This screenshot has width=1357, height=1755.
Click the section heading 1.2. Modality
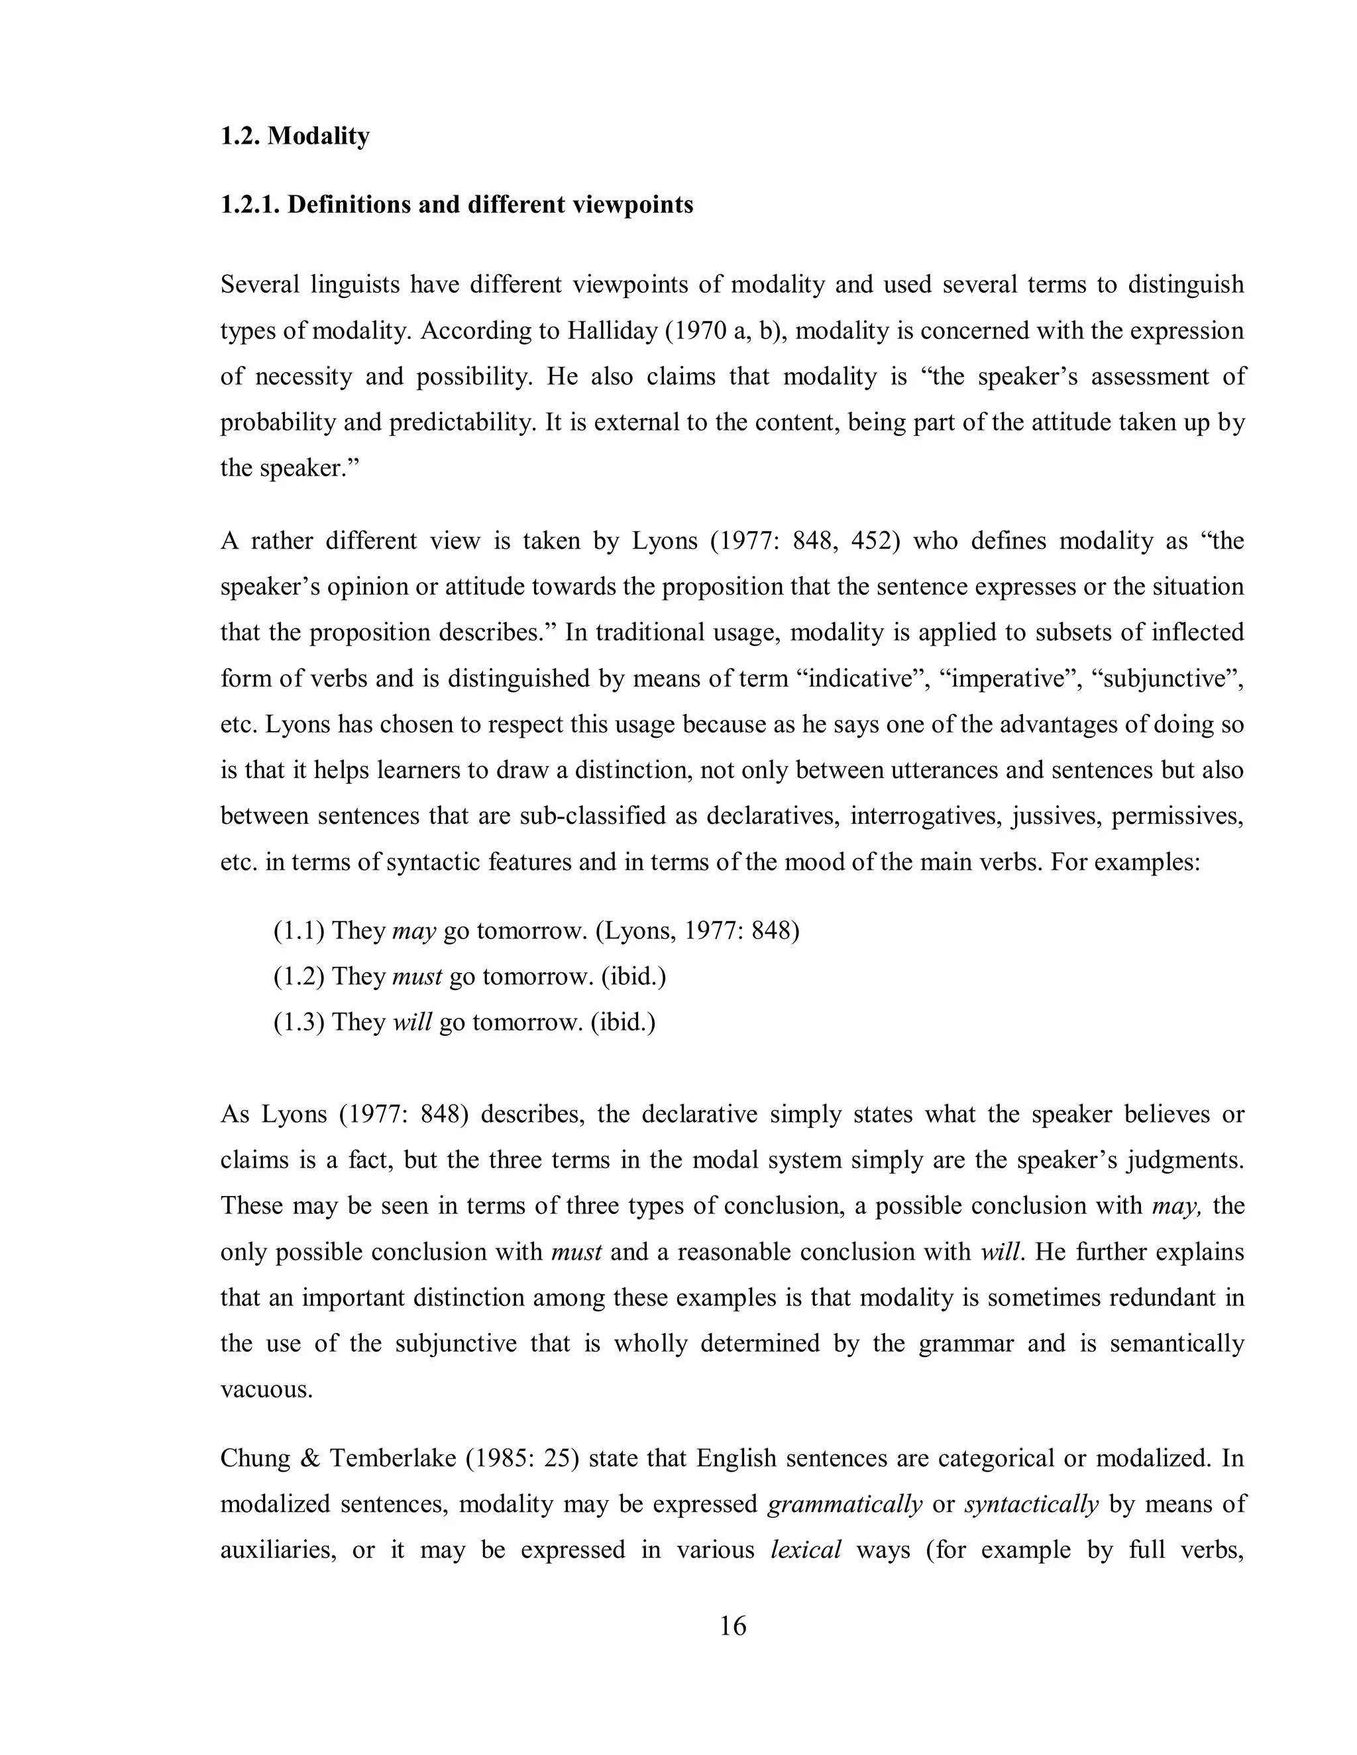[294, 136]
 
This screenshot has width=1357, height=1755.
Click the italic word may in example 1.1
[414, 930]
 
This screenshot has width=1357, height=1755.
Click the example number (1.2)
[299, 976]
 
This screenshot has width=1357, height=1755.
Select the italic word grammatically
[845, 1504]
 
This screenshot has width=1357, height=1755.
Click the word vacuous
[266, 1390]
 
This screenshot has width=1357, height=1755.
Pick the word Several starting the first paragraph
[260, 285]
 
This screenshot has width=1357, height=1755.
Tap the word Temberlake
[393, 1458]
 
